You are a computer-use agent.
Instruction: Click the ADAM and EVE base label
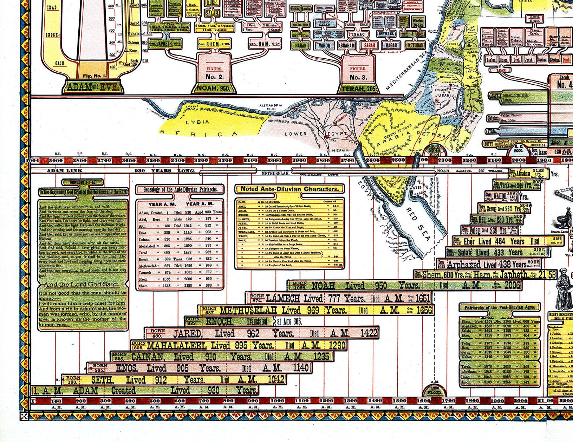coord(93,87)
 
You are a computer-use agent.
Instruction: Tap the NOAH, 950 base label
coord(214,88)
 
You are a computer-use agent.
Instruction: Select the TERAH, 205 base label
coord(358,88)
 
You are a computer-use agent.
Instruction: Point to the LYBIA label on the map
coord(197,122)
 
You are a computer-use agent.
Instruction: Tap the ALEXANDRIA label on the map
coord(271,106)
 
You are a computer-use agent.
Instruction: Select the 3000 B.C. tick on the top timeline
coord(274,160)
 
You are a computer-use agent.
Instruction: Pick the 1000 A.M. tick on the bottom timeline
coord(277,401)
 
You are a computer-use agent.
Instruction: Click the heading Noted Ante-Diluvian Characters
coord(289,189)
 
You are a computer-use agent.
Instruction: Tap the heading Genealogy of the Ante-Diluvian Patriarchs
coord(180,189)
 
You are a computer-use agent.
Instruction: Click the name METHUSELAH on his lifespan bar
coord(248,310)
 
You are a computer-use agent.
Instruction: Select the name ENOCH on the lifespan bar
coord(220,321)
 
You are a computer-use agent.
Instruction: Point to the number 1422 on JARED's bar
coord(368,333)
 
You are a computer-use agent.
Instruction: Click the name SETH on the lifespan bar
coord(102,380)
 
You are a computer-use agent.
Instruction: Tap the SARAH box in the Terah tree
coord(369,46)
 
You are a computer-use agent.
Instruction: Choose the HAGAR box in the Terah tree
coord(391,46)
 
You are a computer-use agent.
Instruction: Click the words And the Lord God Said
coord(81,284)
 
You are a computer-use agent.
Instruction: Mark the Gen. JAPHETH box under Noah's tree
coord(165,44)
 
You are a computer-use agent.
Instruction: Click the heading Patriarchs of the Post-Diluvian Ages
coord(500,307)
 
